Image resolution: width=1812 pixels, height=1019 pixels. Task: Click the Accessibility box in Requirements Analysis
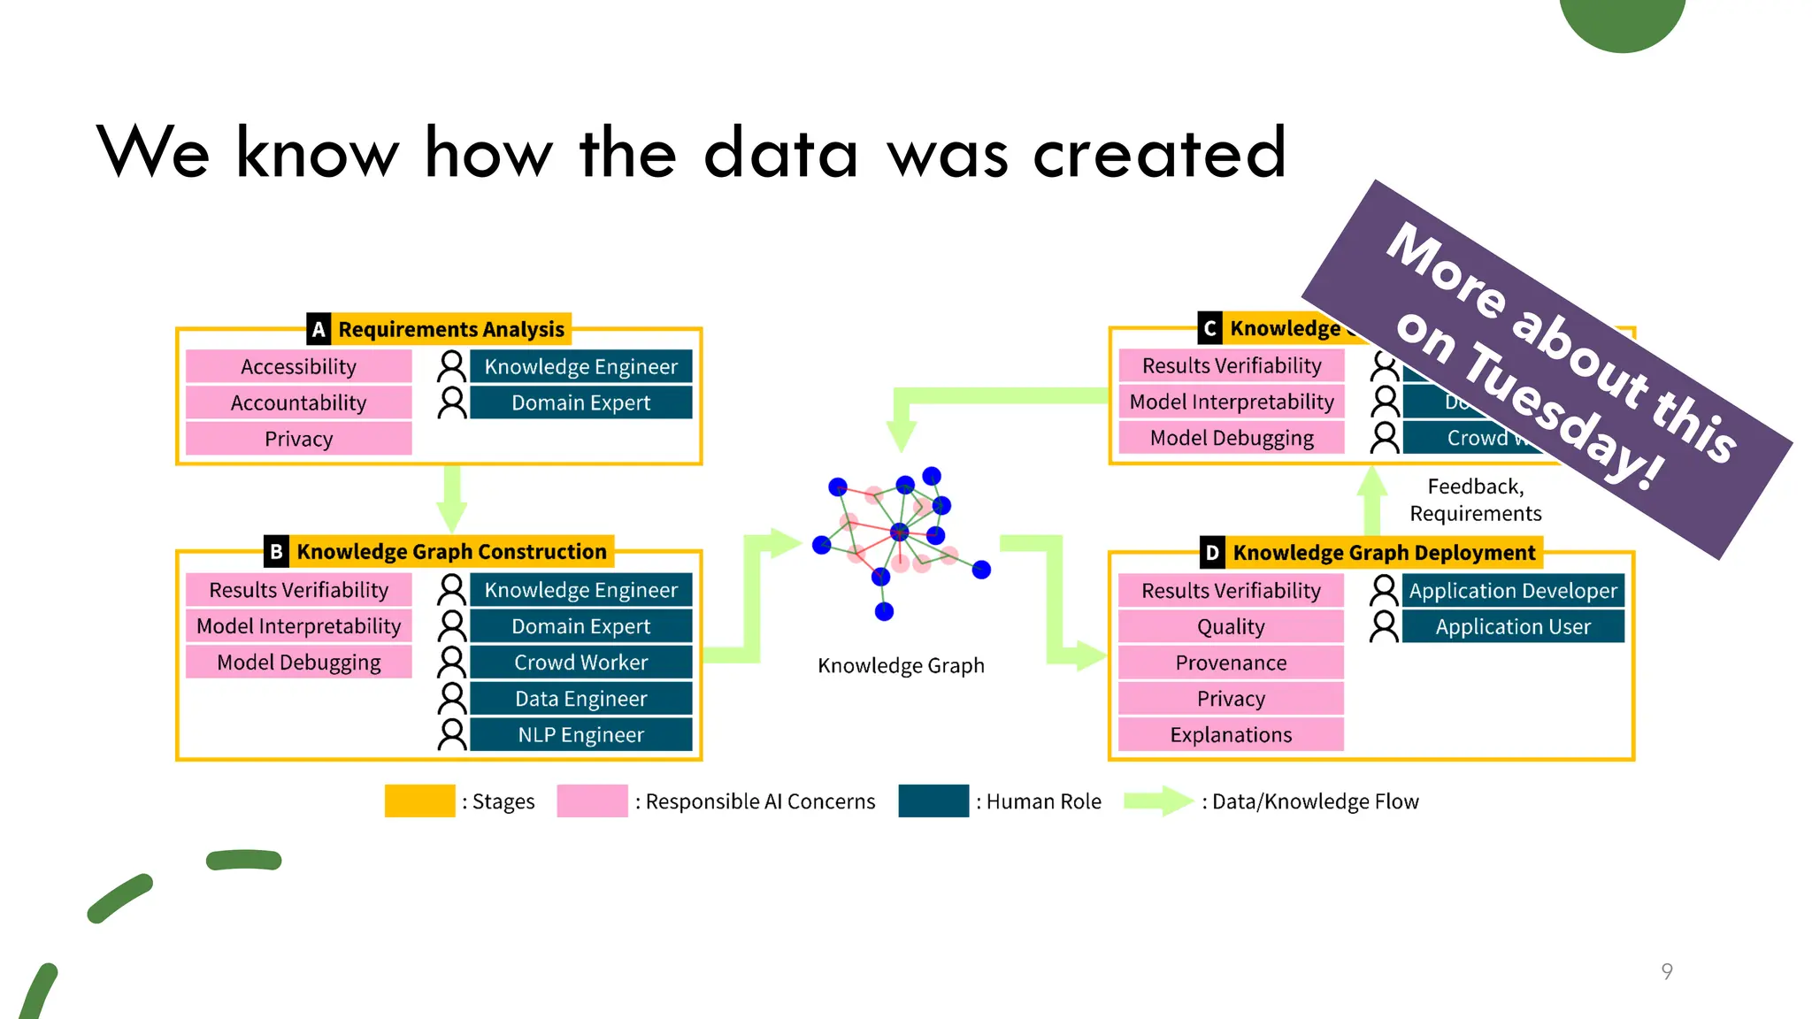(x=299, y=366)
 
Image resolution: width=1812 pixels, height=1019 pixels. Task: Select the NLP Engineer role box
(x=580, y=735)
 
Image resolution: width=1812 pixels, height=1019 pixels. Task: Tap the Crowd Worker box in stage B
(x=580, y=663)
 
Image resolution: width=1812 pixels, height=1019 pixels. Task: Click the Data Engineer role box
(x=580, y=699)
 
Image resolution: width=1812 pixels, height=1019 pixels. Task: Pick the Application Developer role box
(x=1513, y=591)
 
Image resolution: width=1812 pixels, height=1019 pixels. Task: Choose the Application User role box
(x=1513, y=627)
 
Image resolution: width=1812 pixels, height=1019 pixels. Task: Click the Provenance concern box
(x=1231, y=663)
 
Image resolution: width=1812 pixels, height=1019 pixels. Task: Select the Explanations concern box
(x=1231, y=735)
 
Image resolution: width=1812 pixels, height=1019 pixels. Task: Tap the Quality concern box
(x=1231, y=627)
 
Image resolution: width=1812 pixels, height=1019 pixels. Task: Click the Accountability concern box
(x=299, y=402)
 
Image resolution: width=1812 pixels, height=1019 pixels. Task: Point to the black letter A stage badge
(x=319, y=329)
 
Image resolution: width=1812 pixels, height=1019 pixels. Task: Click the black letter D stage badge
(x=1212, y=553)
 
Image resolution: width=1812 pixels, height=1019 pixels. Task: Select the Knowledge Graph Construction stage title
(x=451, y=552)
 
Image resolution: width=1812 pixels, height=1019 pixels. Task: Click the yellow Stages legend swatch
(x=419, y=801)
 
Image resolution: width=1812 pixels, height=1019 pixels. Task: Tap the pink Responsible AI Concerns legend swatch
(x=592, y=801)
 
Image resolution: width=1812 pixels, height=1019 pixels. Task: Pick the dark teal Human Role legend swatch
(x=933, y=801)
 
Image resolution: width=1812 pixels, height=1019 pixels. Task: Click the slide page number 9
(x=1667, y=971)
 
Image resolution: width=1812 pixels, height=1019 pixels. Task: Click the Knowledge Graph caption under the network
(x=901, y=665)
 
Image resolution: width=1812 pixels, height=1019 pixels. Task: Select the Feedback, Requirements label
(x=1475, y=500)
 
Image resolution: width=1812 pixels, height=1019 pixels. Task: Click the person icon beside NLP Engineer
(x=452, y=735)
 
